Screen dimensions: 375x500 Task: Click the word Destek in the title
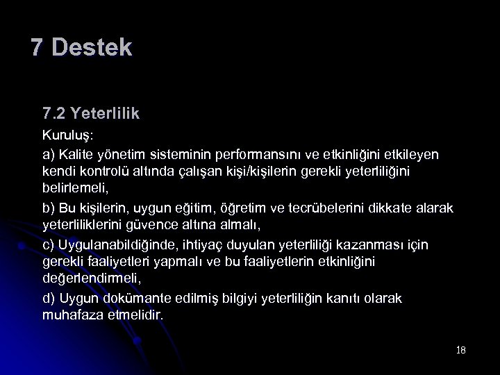click(x=91, y=48)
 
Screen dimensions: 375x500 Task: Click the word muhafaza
click(x=74, y=316)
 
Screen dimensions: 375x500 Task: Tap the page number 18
click(x=461, y=350)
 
